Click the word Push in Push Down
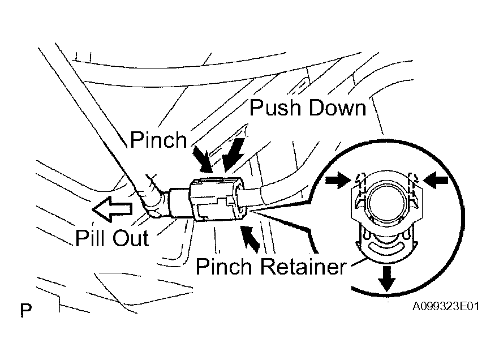274,108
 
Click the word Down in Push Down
337,108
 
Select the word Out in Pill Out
131,238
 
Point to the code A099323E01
446,306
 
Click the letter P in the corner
26,310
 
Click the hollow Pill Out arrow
112,209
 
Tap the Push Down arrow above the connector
234,154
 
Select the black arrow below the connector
251,238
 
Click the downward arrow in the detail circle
386,279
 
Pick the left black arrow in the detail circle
338,180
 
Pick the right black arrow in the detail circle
437,180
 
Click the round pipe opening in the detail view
387,202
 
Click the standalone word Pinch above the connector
158,140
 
